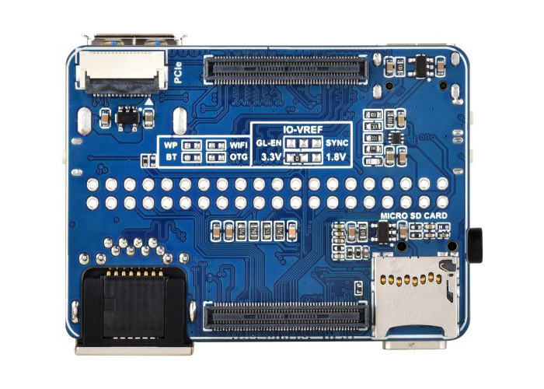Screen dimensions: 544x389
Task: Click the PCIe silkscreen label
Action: (178, 72)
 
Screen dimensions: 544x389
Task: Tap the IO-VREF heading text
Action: (303, 130)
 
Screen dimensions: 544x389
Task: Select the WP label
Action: (171, 145)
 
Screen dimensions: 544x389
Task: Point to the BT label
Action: (171, 157)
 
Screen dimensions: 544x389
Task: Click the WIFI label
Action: (239, 145)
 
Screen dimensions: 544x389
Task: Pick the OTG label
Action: (239, 157)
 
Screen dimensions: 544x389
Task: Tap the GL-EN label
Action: (269, 142)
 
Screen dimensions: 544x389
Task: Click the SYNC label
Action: (337, 142)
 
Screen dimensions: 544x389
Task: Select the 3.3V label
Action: (271, 157)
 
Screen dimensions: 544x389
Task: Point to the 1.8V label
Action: (336, 157)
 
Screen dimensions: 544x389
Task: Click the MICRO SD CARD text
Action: (414, 216)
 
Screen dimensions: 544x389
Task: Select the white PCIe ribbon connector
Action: (121, 72)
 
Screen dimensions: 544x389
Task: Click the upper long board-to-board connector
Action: (286, 69)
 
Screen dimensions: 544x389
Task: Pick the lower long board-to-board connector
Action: (286, 317)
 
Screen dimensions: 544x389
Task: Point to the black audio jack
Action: (475, 245)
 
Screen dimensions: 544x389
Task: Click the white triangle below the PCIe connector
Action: (148, 101)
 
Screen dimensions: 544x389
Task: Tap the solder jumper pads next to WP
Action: (192, 145)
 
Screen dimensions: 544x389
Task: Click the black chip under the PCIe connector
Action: (127, 118)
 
